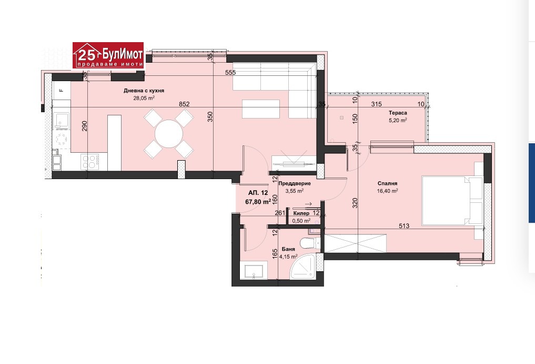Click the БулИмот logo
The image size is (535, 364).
108,55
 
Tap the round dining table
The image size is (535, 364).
169,134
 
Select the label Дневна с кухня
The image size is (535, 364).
144,91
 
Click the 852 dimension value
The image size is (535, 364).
184,104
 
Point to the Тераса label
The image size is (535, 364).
398,113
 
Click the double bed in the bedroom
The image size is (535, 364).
452,201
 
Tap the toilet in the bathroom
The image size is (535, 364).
311,243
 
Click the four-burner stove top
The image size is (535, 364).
90,162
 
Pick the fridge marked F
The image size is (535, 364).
62,90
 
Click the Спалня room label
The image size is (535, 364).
387,183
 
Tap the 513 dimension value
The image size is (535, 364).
404,225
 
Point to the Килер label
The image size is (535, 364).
301,213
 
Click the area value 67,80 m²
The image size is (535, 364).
258,202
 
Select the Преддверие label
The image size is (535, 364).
295,183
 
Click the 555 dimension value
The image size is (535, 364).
230,73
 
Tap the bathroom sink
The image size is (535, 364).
254,271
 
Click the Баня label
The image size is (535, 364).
288,249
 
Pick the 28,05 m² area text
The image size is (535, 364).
144,98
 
